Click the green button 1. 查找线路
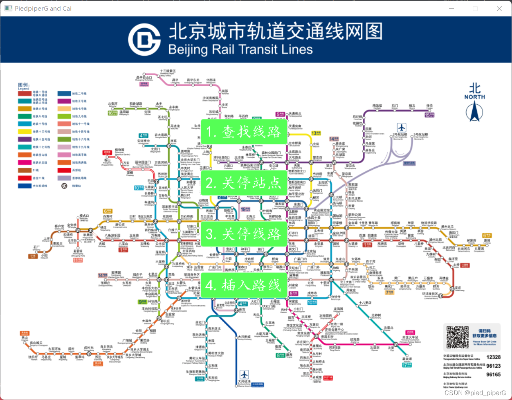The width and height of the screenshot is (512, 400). point(244,132)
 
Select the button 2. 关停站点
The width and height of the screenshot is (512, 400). point(244,183)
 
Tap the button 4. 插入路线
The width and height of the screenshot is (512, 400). point(244,285)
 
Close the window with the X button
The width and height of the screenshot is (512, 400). point(499,8)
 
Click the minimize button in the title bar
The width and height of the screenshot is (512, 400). point(451,8)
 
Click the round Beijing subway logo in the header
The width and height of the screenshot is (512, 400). point(144,40)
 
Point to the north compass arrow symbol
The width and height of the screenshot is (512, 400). point(474,112)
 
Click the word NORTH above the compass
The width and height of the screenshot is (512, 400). point(474,97)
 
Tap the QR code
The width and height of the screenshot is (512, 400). point(457,337)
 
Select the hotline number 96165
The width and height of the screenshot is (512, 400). point(493,375)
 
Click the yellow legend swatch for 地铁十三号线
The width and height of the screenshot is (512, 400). point(24,132)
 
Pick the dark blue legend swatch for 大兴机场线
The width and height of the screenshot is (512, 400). point(24,186)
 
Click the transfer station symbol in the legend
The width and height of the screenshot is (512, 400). point(64,186)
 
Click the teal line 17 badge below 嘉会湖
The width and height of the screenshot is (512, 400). point(404,365)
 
